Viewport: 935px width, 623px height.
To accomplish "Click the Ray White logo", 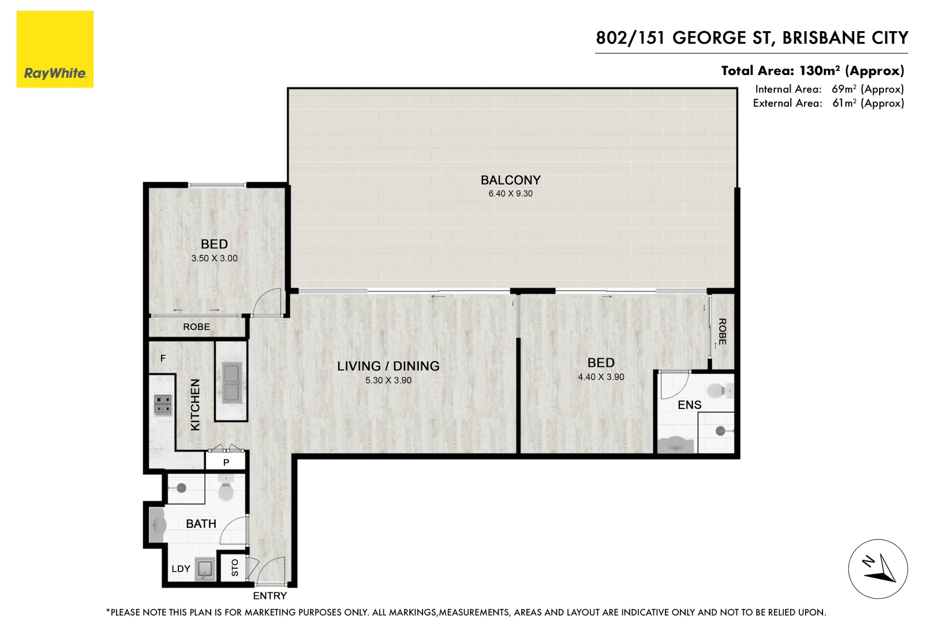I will (55, 50).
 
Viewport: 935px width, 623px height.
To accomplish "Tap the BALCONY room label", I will (510, 180).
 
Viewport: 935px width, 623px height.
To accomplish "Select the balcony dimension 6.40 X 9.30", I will (510, 194).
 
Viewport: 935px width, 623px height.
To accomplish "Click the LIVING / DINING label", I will (388, 366).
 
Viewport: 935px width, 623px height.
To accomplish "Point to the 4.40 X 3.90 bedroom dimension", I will (601, 377).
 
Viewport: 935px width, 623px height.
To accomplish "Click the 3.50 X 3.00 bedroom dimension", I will (214, 258).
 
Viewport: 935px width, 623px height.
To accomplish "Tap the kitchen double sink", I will (231, 382).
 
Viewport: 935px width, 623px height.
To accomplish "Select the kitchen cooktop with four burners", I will (163, 405).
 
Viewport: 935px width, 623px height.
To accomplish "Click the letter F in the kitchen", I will (163, 359).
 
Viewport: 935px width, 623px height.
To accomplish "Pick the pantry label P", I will (226, 463).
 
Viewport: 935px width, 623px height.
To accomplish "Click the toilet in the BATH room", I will (226, 491).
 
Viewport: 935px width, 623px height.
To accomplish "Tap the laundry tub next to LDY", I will (205, 569).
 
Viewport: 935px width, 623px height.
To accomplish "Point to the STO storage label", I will (234, 568).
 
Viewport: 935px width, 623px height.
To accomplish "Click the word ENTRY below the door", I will (270, 596).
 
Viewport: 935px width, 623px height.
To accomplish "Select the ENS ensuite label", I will (689, 405).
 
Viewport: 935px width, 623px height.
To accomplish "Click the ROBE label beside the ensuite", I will (721, 332).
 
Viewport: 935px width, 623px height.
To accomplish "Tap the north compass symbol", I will (877, 569).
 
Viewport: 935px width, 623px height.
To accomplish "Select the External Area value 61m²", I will (844, 103).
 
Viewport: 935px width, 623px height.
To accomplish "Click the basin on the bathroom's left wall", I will (158, 525).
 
